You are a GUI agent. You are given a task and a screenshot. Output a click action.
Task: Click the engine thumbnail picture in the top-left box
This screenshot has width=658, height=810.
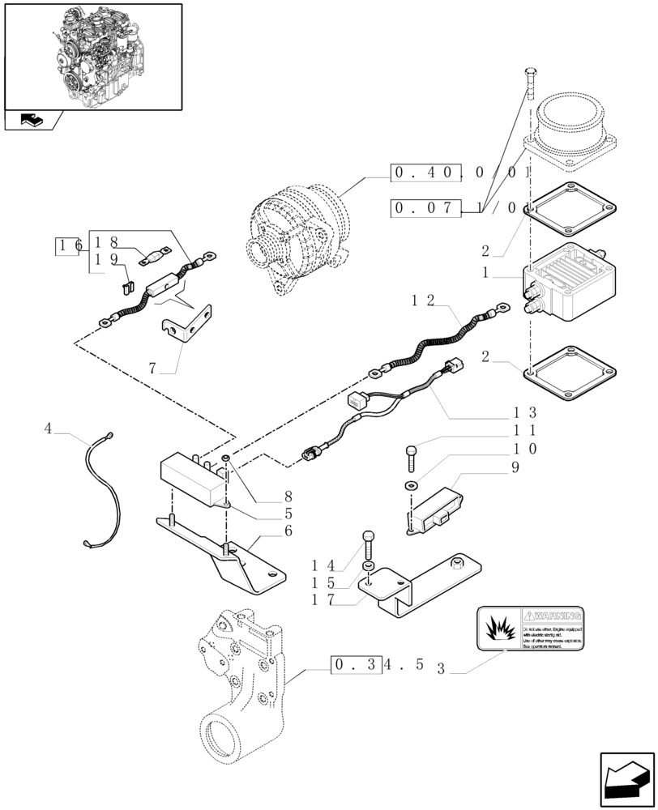point(92,55)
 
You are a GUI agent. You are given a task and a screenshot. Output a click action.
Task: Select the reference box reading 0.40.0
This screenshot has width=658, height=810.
point(426,173)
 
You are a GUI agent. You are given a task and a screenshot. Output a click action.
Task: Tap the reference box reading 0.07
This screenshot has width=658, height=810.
point(426,208)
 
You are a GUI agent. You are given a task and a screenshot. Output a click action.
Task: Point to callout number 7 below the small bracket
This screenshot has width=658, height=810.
point(152,369)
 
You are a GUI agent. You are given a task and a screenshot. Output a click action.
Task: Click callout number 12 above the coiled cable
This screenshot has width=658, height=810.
point(423,301)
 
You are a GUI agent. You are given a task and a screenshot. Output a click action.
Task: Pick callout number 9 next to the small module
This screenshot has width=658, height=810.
point(515,467)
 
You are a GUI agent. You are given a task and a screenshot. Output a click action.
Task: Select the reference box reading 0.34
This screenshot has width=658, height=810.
point(355,666)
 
